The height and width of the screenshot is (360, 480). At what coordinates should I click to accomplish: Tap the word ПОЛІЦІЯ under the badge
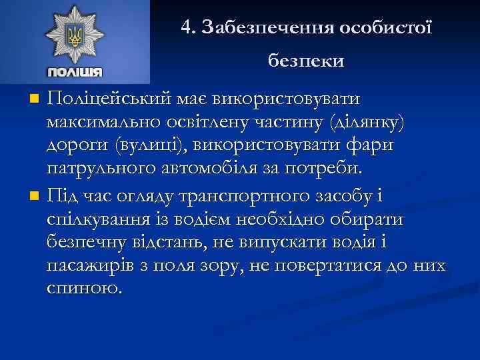[x=75, y=72]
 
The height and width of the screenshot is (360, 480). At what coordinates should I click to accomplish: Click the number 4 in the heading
[x=187, y=27]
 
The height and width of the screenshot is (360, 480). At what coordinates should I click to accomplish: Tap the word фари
[x=373, y=145]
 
